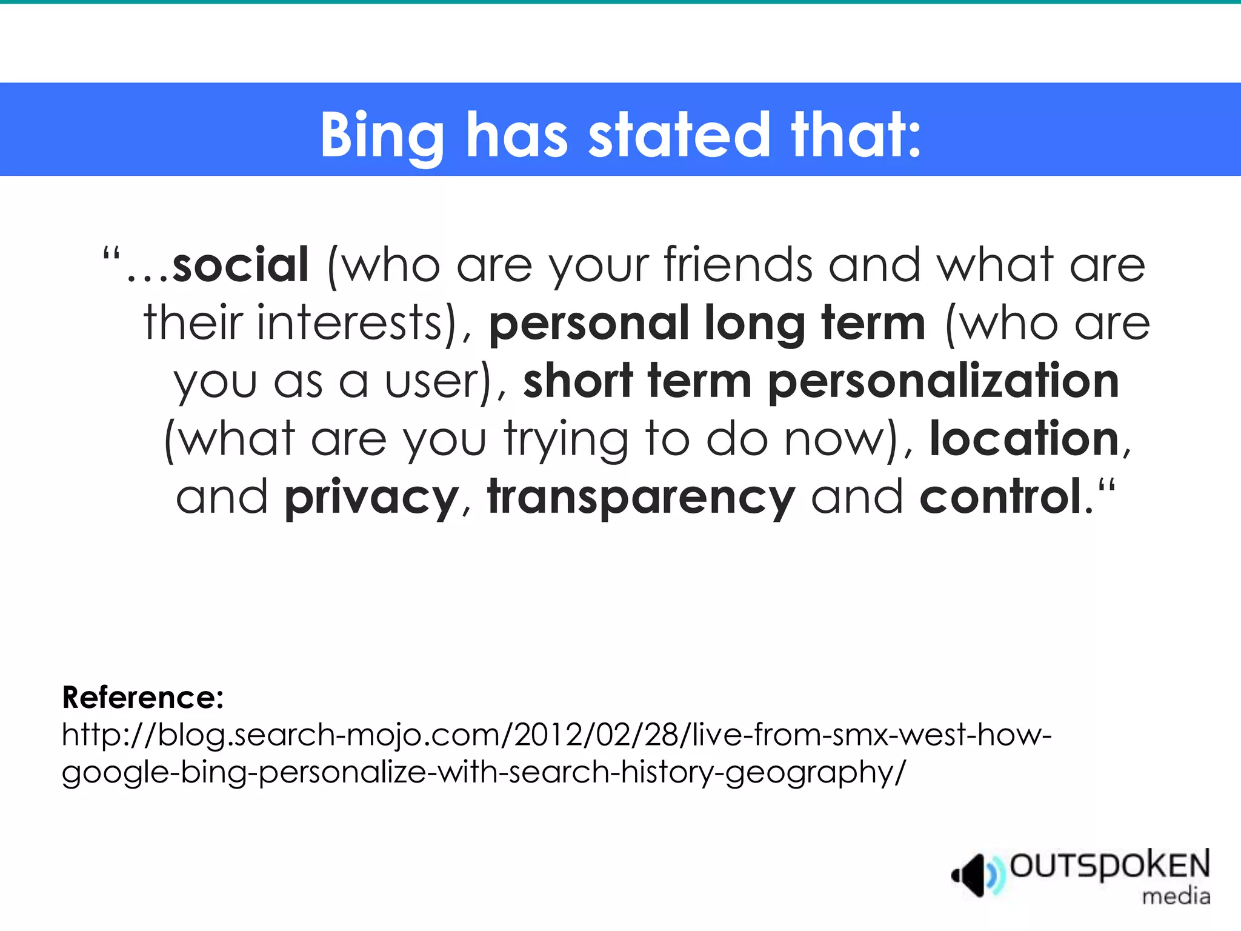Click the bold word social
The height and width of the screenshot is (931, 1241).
(x=241, y=265)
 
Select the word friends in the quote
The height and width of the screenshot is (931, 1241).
(x=737, y=265)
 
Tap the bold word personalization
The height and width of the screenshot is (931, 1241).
(x=943, y=382)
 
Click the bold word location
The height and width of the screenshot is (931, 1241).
(x=1024, y=439)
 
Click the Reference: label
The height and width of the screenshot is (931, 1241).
(x=143, y=698)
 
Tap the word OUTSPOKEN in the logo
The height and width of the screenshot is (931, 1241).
(x=1110, y=866)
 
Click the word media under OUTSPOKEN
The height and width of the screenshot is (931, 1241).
(x=1176, y=896)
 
